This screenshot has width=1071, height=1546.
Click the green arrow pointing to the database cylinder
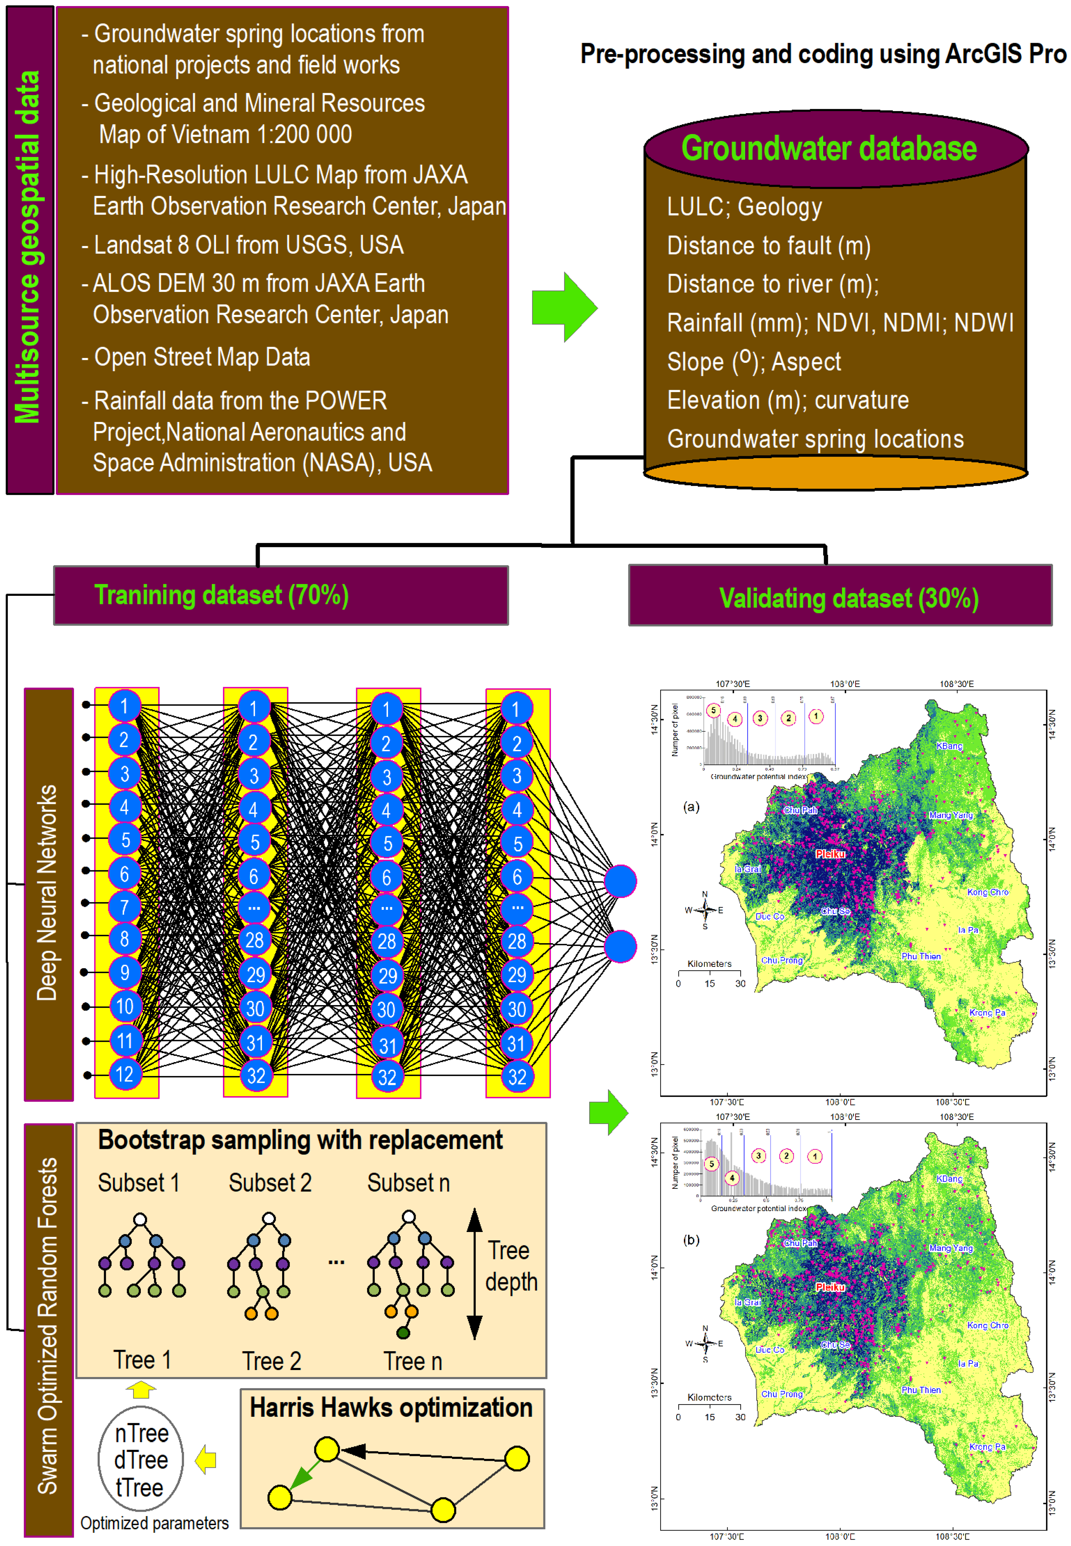click(x=564, y=307)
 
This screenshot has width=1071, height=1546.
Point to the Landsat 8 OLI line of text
click(x=248, y=245)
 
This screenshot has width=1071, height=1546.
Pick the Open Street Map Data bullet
click(x=201, y=357)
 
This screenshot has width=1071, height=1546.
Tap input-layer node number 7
click(x=125, y=906)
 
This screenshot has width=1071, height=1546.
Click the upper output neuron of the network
click(x=620, y=881)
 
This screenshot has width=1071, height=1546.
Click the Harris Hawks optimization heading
click(x=391, y=1407)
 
